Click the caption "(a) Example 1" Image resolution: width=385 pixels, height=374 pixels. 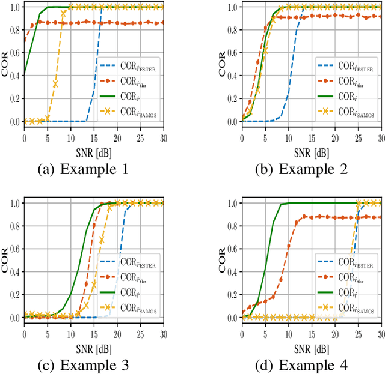tap(82, 170)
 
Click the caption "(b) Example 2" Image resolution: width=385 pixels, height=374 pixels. tap(302, 170)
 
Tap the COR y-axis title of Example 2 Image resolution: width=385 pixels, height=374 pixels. tap(224, 64)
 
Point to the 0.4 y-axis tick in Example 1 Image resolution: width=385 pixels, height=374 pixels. tap(13, 76)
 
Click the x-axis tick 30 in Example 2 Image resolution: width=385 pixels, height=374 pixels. tap(381, 137)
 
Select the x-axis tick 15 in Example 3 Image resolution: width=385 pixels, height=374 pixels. tap(93, 334)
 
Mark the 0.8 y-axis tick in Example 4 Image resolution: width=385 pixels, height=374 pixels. tap(232, 226)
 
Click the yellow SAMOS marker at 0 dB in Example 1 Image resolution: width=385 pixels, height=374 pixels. tap(24, 121)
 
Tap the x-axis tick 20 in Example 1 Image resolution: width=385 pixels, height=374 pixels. tap(117, 137)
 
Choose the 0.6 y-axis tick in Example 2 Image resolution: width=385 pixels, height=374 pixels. tap(232, 53)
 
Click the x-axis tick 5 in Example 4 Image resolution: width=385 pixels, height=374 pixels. tap(265, 334)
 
